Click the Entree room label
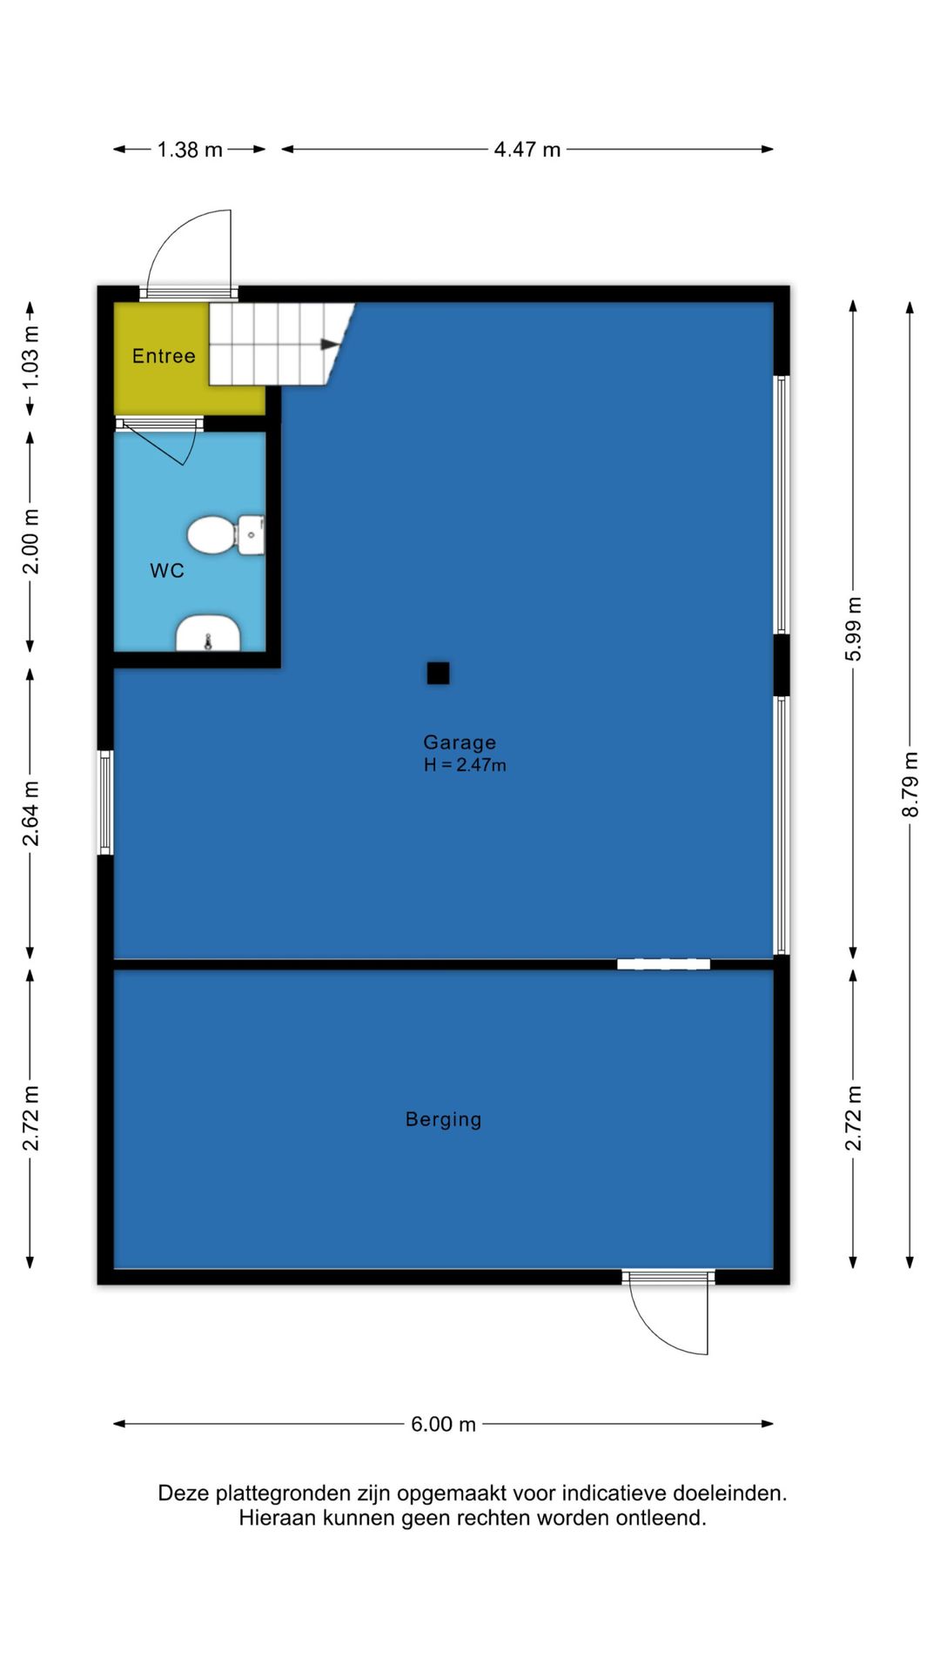pyautogui.click(x=164, y=356)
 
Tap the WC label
pyautogui.click(x=167, y=571)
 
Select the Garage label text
pyautogui.click(x=460, y=742)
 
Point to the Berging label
pyautogui.click(x=443, y=1119)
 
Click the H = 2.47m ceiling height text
pyautogui.click(x=465, y=765)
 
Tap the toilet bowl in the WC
pyautogui.click(x=225, y=534)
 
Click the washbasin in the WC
pyautogui.click(x=209, y=633)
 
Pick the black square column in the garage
pyautogui.click(x=438, y=673)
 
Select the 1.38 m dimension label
pyautogui.click(x=190, y=150)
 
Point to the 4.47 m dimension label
pyautogui.click(x=527, y=150)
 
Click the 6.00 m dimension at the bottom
pyautogui.click(x=443, y=1424)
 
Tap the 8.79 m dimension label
pyautogui.click(x=910, y=785)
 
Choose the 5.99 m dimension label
pyautogui.click(x=853, y=629)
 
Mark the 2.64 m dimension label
pyautogui.click(x=30, y=814)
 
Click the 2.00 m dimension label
pyautogui.click(x=30, y=542)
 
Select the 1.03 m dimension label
pyautogui.click(x=30, y=358)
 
